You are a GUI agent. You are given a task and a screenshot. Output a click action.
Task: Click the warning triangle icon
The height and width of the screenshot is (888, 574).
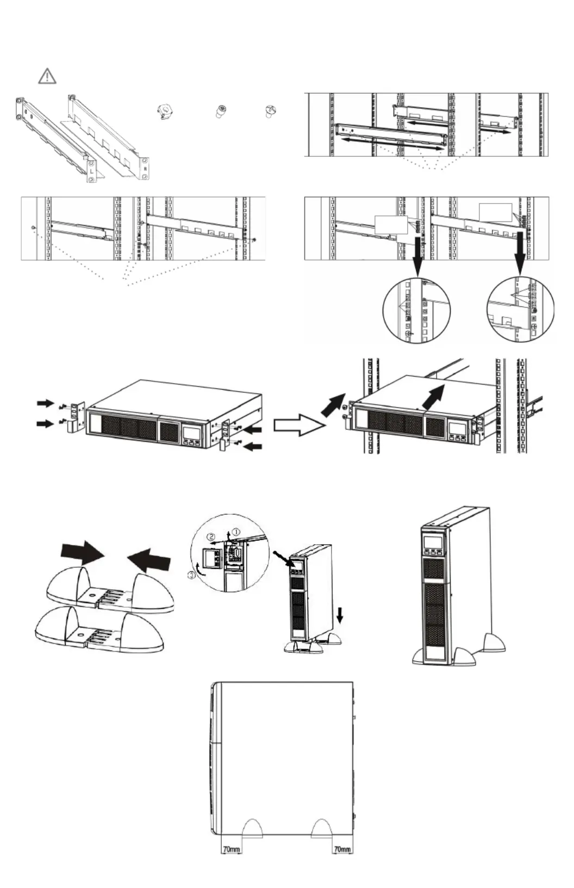point(47,76)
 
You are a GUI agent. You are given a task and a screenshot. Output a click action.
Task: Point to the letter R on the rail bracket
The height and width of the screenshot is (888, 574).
point(145,168)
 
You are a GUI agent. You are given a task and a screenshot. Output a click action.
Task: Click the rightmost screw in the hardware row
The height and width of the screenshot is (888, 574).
point(270,111)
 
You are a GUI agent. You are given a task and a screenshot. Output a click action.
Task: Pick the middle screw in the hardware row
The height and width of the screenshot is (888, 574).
point(221,112)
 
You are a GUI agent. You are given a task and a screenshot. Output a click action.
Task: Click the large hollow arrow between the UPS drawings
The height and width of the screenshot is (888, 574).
point(298,426)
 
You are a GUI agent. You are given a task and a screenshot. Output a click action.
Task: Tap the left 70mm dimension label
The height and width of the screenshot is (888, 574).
point(231,849)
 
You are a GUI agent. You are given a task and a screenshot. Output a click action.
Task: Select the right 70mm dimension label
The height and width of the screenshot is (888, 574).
point(342,849)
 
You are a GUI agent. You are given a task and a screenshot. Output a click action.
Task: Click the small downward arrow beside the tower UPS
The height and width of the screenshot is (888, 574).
point(340,615)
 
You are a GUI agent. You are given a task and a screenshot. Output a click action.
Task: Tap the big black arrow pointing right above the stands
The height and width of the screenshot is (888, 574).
point(82,553)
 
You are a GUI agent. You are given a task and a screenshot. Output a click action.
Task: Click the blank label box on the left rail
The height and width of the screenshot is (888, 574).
point(391,224)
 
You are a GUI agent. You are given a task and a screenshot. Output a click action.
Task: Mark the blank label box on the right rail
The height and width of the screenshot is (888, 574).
point(495,212)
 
